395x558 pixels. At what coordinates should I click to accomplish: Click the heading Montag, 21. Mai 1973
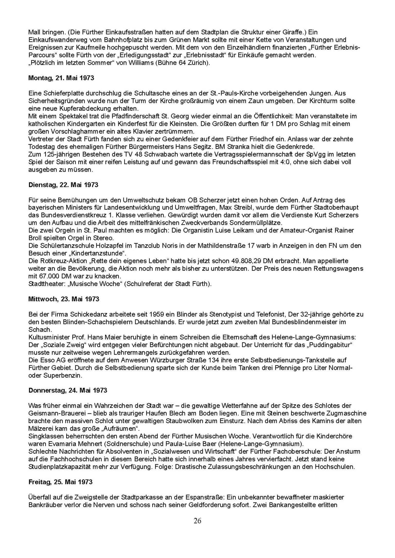click(61, 78)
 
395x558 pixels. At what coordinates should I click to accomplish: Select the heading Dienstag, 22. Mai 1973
click(63, 185)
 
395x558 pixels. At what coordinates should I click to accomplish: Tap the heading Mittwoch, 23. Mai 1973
click(64, 299)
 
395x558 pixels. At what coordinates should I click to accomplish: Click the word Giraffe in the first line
click(293, 32)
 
